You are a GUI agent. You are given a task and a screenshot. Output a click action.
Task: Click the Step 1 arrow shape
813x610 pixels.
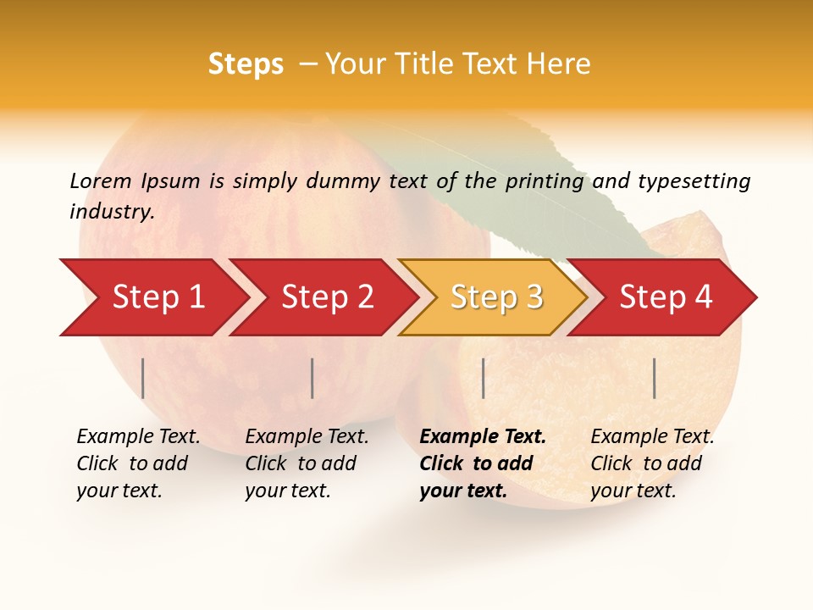pos(157,297)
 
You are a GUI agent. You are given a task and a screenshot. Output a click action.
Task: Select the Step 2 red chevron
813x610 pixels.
pos(326,297)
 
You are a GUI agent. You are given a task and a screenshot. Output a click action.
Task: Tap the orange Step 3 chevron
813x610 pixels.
pos(495,297)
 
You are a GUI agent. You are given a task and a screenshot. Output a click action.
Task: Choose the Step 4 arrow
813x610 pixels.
pos(666,297)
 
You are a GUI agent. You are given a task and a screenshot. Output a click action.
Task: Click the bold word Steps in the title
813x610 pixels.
pos(246,64)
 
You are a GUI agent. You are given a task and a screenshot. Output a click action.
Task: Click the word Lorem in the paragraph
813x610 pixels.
pos(101,180)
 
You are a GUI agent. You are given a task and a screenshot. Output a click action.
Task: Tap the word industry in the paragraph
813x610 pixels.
pos(112,211)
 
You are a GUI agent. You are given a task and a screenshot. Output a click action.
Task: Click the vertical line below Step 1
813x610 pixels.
pos(143,378)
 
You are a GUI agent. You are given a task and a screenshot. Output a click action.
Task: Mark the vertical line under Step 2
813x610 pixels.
pos(312,378)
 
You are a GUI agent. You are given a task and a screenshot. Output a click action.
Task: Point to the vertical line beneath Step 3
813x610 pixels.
pos(483,378)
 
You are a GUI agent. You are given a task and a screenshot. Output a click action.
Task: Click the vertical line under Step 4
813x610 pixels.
pos(655,378)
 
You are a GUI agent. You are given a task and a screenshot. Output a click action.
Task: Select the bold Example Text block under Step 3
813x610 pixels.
pos(481,463)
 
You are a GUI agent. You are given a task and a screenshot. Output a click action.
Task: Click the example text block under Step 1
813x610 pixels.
pos(137,463)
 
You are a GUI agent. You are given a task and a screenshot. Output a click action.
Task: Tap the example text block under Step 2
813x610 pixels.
pos(306,463)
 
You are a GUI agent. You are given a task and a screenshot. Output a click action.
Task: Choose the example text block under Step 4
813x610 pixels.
pos(651,463)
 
